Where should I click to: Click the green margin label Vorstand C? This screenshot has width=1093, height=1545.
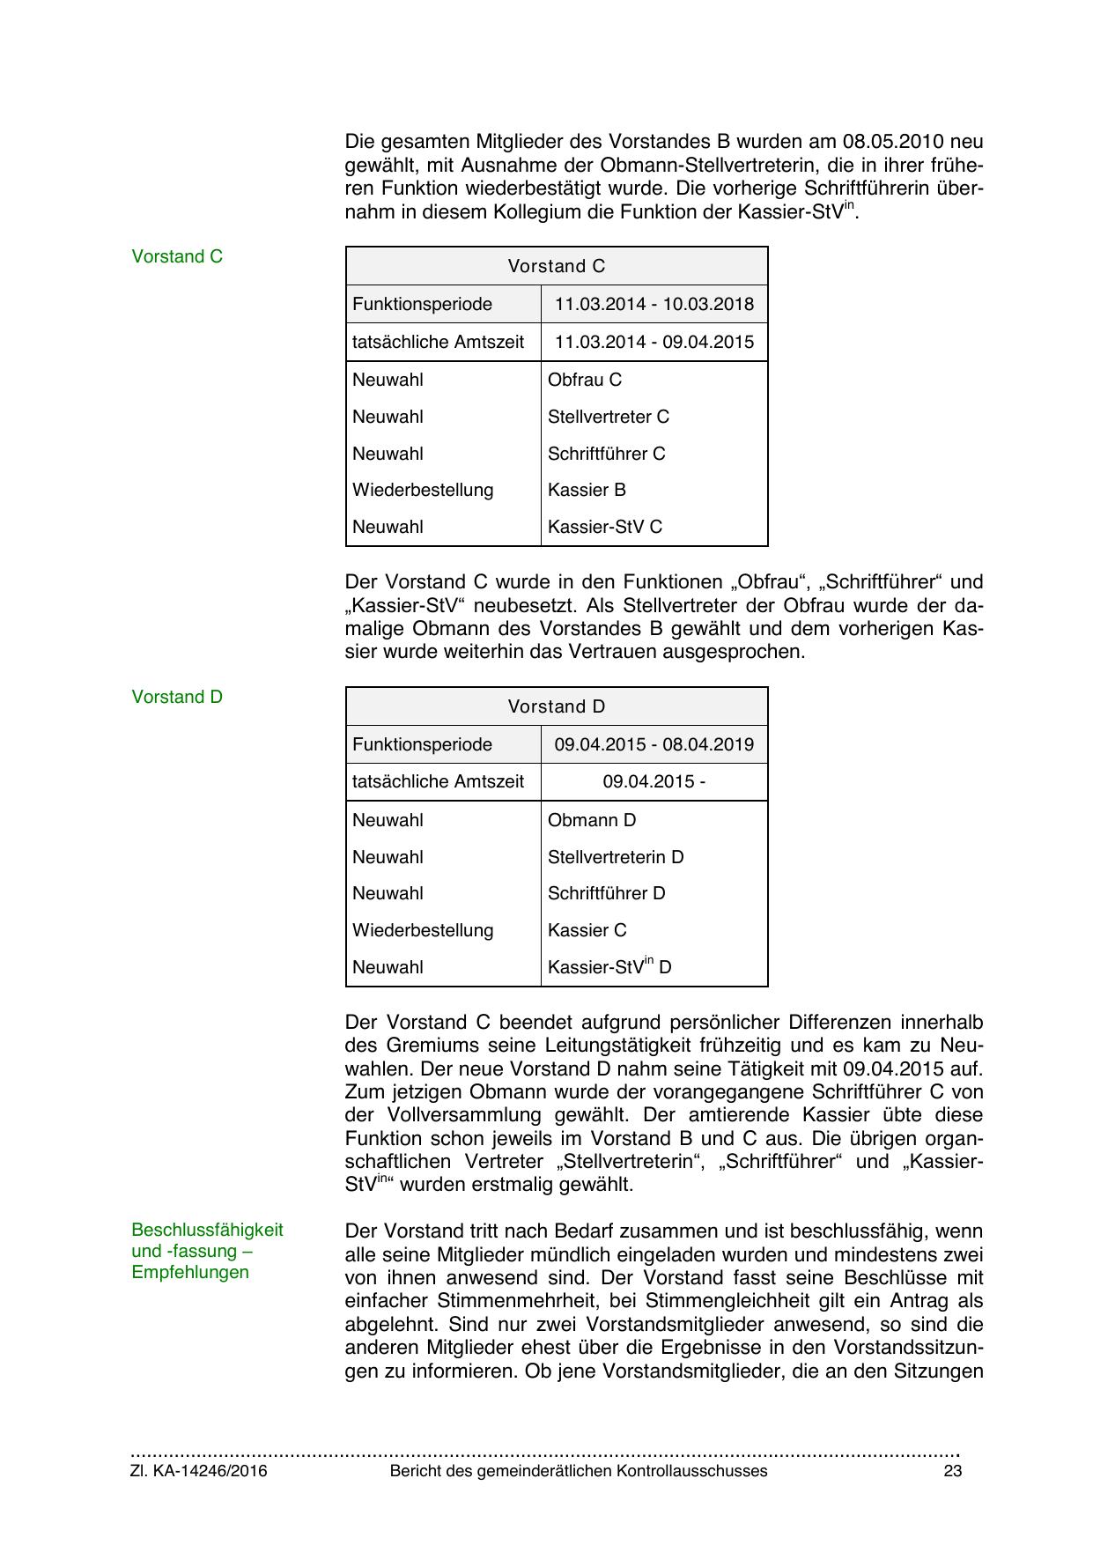(177, 256)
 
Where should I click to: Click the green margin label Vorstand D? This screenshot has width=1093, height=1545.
(177, 697)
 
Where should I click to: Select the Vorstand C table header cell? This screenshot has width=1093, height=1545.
(557, 266)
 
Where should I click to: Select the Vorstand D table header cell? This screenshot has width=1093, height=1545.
(557, 706)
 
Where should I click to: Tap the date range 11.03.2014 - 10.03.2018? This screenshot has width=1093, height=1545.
(654, 304)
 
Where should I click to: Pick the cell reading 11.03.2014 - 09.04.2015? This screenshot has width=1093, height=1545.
(654, 342)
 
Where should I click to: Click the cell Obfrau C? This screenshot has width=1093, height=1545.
(585, 380)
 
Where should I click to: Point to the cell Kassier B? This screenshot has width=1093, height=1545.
(587, 490)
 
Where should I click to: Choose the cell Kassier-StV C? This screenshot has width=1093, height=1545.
(605, 527)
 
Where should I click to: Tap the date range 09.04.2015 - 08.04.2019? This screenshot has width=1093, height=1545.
(654, 744)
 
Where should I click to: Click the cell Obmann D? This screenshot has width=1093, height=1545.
(592, 820)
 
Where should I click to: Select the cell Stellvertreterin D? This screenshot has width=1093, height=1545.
(616, 857)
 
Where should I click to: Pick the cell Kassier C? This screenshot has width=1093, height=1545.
(587, 930)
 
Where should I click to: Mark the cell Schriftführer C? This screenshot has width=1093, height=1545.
(607, 454)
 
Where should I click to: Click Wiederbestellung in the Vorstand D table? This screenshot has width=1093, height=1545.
(423, 930)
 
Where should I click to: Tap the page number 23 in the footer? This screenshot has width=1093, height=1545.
(952, 1471)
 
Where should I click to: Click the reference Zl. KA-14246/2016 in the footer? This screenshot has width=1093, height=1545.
(199, 1471)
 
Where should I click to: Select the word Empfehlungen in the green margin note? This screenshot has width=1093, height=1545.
(190, 1272)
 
